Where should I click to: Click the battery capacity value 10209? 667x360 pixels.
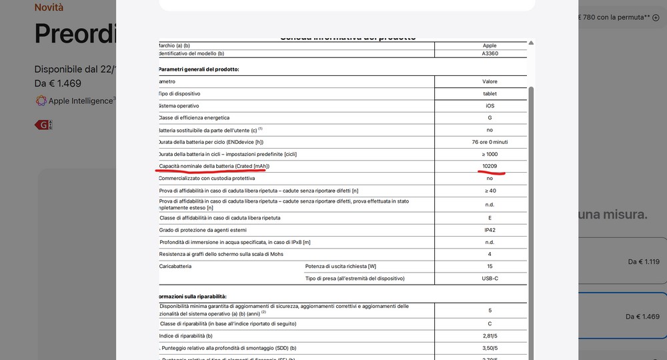[490, 166]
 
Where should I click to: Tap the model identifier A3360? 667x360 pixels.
[490, 53]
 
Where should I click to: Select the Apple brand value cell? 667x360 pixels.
[490, 45]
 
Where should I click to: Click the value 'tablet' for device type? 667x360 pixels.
[490, 94]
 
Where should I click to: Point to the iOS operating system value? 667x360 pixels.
[490, 106]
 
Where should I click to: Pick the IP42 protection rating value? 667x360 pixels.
[490, 230]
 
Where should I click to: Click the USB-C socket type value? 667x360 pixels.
[490, 278]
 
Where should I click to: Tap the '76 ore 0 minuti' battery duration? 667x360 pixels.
[490, 142]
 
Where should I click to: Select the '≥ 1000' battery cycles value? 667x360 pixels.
[490, 154]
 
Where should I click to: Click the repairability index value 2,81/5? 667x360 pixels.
[490, 335]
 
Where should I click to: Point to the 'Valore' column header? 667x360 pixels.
[490, 81]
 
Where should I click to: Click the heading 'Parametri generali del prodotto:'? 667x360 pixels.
[199, 69]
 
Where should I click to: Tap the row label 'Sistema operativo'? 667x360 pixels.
[179, 106]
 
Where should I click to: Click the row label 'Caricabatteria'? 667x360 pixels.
[175, 266]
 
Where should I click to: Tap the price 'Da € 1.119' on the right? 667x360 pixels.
[643, 262]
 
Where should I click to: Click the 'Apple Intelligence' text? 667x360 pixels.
[80, 101]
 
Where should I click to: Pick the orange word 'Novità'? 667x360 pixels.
[49, 7]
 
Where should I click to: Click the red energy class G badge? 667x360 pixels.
[43, 125]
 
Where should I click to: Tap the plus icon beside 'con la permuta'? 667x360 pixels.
[656, 17]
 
